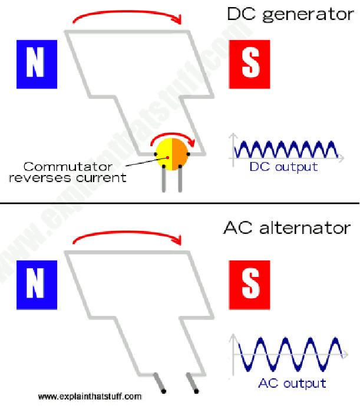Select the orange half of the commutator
pyautogui.click(x=180, y=154)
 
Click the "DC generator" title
pyautogui.click(x=290, y=14)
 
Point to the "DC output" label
pyautogui.click(x=283, y=166)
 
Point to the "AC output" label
pyautogui.click(x=292, y=384)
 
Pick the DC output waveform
pyautogui.click(x=285, y=150)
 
